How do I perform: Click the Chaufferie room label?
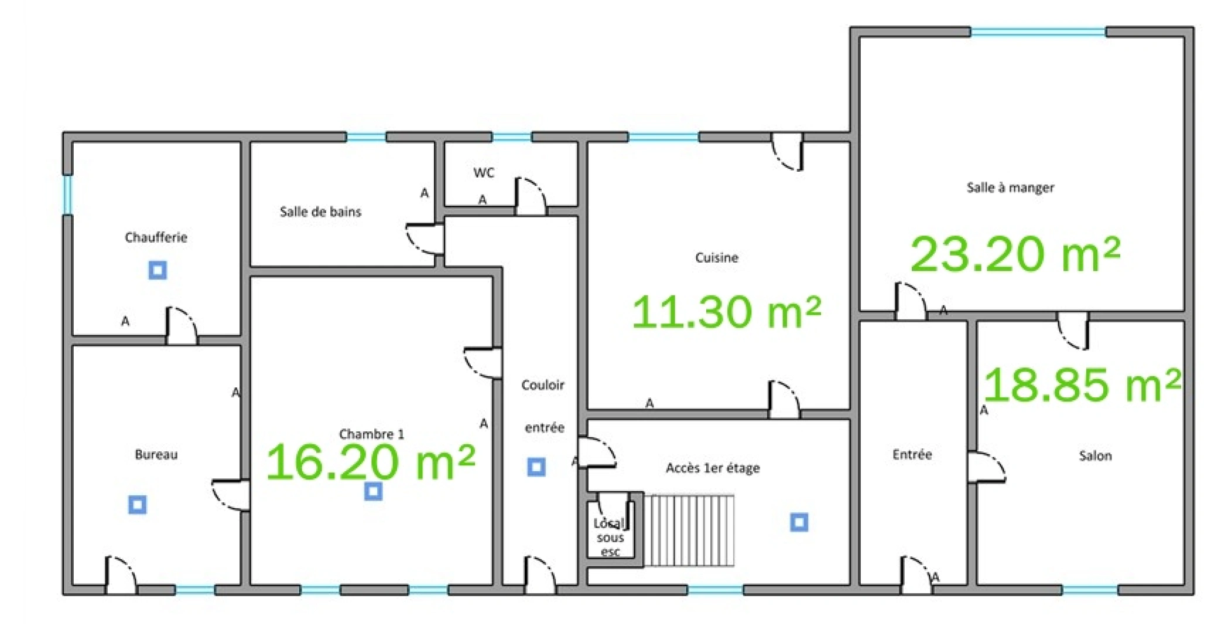(156, 237)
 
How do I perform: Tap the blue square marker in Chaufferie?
(158, 270)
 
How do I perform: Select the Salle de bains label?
(320, 212)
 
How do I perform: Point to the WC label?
(484, 173)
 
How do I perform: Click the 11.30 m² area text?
(727, 311)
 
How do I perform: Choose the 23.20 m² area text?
(1015, 254)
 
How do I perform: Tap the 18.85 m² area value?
(1083, 384)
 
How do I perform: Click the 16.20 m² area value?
(371, 461)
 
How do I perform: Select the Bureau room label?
(156, 455)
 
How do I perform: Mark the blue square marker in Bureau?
(138, 505)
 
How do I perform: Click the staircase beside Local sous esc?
(689, 530)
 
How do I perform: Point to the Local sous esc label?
(610, 537)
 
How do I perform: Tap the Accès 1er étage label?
(713, 468)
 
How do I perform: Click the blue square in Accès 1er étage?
(799, 522)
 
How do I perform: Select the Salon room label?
(1095, 456)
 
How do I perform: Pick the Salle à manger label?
(1010, 188)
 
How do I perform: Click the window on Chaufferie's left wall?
(67, 195)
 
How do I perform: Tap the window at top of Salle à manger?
(1038, 32)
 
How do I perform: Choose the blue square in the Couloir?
(536, 467)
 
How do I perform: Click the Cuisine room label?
(716, 257)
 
